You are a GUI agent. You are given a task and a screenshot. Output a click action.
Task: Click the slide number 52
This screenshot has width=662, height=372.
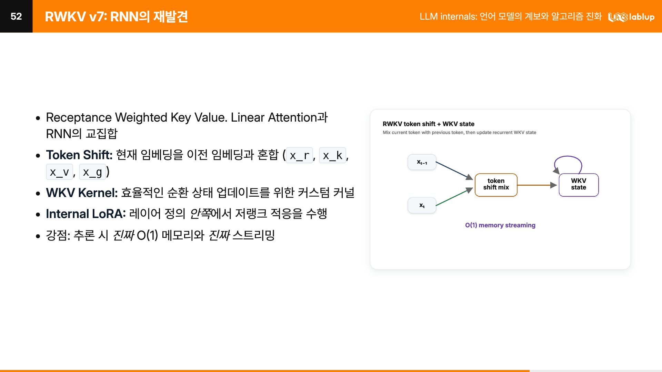click(16, 16)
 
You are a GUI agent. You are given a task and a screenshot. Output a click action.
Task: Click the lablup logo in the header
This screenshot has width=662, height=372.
click(631, 17)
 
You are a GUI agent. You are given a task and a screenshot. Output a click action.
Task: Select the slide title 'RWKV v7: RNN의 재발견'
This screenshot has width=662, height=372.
click(116, 17)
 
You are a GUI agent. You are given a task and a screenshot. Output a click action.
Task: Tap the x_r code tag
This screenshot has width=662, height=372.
click(299, 155)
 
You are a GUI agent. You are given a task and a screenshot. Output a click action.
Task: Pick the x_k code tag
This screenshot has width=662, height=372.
click(332, 155)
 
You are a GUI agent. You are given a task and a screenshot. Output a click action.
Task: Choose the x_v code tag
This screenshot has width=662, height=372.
click(59, 172)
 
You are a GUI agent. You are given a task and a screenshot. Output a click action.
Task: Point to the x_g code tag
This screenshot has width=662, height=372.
click(92, 172)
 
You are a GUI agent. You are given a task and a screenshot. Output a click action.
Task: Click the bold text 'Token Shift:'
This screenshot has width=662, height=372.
click(79, 155)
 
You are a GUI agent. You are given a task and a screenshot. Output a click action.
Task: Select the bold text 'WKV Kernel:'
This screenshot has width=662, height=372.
click(82, 193)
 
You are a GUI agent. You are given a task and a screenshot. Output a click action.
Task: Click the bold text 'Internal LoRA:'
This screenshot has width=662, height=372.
click(86, 214)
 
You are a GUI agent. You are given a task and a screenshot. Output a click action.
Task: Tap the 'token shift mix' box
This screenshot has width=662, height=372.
click(496, 185)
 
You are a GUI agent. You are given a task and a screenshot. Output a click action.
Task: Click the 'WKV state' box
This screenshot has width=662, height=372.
click(579, 185)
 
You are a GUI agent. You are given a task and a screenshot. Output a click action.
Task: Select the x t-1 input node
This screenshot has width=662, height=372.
click(422, 162)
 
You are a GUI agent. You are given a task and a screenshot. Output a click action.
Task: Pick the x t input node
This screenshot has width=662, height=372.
click(422, 205)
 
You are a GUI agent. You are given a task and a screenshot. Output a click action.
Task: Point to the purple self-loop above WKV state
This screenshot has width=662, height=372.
click(568, 156)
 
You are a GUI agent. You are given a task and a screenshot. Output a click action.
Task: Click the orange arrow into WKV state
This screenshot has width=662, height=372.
click(537, 185)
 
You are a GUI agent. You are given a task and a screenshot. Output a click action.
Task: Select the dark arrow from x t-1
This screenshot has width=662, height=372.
click(454, 171)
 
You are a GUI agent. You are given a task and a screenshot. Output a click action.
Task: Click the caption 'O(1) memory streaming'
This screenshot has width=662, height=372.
click(500, 225)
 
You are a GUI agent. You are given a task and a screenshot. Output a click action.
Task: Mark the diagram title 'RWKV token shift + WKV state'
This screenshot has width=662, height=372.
click(429, 124)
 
